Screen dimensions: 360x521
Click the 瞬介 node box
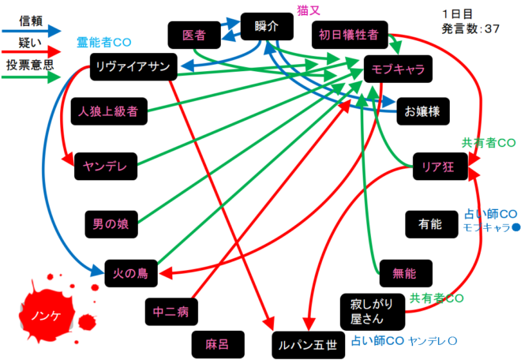[x=267, y=27]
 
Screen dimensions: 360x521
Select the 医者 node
[x=193, y=36]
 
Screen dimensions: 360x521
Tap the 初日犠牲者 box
[x=349, y=35]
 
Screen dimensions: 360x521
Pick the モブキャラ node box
[x=399, y=69]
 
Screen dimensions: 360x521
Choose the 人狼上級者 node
[x=109, y=111]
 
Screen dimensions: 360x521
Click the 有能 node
[x=431, y=224]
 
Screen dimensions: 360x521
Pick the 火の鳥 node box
[x=131, y=274]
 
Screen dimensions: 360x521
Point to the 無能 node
[x=403, y=273]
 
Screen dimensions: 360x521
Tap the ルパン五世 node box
[x=304, y=344]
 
